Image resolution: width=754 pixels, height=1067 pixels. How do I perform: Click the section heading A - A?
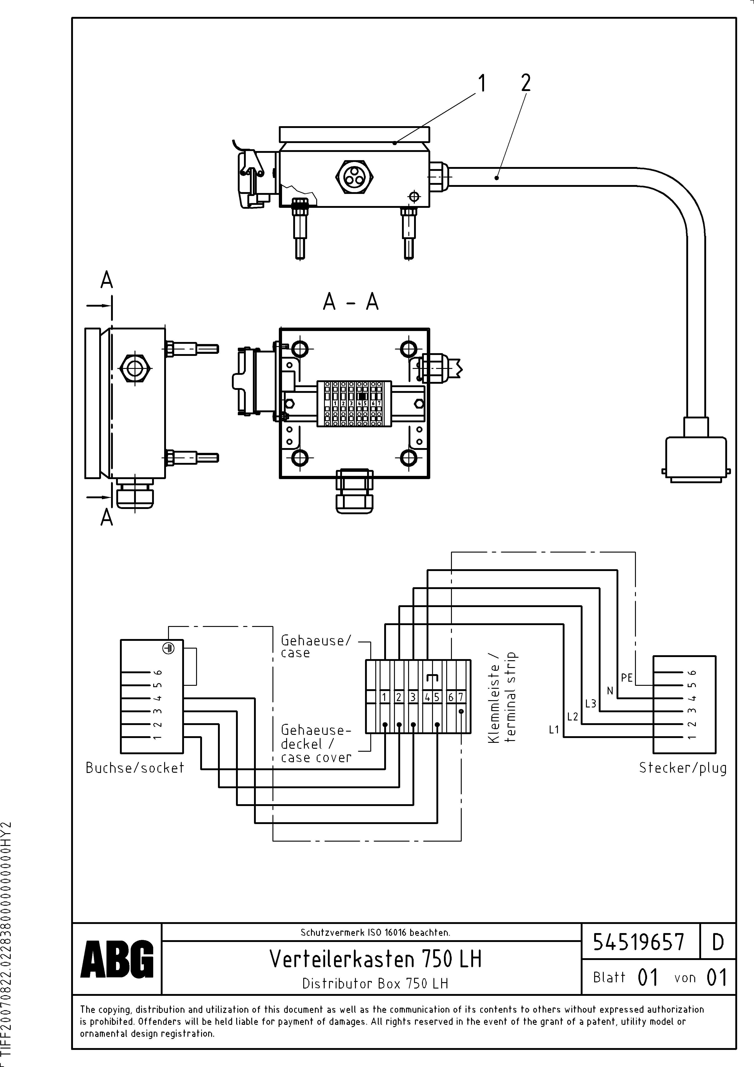[x=351, y=303]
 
